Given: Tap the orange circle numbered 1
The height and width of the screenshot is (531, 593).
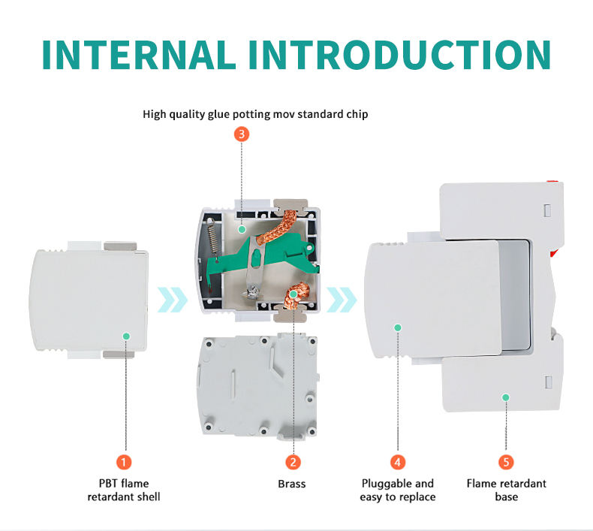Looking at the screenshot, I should click(125, 462).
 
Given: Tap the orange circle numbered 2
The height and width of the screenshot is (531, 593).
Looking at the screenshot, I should click(293, 462).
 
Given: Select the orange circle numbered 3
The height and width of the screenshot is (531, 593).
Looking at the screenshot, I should click(241, 134).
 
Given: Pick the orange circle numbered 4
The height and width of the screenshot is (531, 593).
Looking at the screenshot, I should click(397, 462).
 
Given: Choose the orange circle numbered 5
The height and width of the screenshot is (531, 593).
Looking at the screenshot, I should click(506, 462).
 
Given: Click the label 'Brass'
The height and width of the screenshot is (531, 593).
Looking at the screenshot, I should click(292, 484).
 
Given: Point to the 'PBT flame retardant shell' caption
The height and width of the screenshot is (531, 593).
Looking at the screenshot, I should click(124, 490).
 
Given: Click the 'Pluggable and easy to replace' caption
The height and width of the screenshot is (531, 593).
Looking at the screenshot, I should click(398, 490).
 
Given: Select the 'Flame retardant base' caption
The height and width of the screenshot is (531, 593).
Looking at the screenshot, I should click(506, 490).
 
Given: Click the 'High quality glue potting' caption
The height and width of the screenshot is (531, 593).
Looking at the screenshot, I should click(255, 115).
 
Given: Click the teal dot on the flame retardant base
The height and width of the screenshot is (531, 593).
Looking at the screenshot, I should click(506, 397).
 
